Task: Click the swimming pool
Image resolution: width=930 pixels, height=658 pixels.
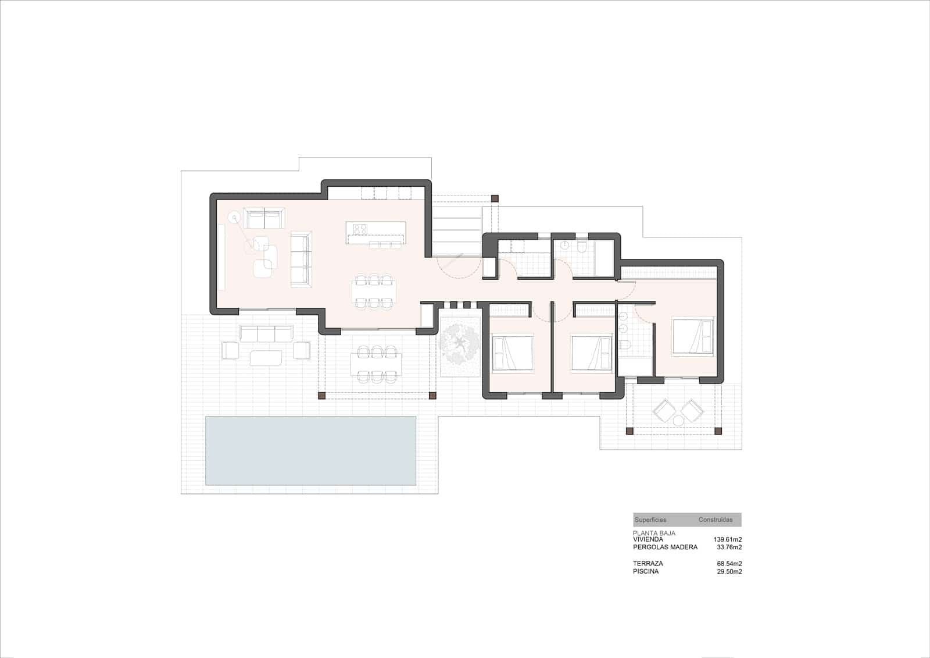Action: pos(310,450)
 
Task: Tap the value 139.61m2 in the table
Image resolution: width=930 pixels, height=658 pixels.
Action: pos(727,539)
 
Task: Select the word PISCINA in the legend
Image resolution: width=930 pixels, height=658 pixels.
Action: pos(646,571)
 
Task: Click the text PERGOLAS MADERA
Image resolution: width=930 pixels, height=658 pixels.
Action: pos(664,547)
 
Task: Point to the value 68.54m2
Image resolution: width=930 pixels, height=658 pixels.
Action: pos(729,563)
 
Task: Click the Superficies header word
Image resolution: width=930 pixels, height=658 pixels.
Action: pos(650,520)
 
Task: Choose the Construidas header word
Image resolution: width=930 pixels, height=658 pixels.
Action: pos(716,520)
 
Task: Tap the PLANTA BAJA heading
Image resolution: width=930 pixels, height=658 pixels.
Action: pos(654,533)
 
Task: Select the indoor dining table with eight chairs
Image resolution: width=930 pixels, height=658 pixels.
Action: pos(374,291)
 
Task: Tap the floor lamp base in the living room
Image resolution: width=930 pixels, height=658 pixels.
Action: pos(234,219)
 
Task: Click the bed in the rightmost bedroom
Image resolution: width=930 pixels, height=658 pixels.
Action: pos(693,336)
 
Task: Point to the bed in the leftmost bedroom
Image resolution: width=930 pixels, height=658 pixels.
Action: pos(512,352)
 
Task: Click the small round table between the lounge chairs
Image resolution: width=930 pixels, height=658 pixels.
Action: pos(678,420)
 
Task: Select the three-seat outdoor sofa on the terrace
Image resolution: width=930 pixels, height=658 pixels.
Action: pos(266,333)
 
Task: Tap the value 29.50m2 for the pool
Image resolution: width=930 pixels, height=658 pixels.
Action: pos(729,571)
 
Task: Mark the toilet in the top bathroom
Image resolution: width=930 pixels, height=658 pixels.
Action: pos(582,247)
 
